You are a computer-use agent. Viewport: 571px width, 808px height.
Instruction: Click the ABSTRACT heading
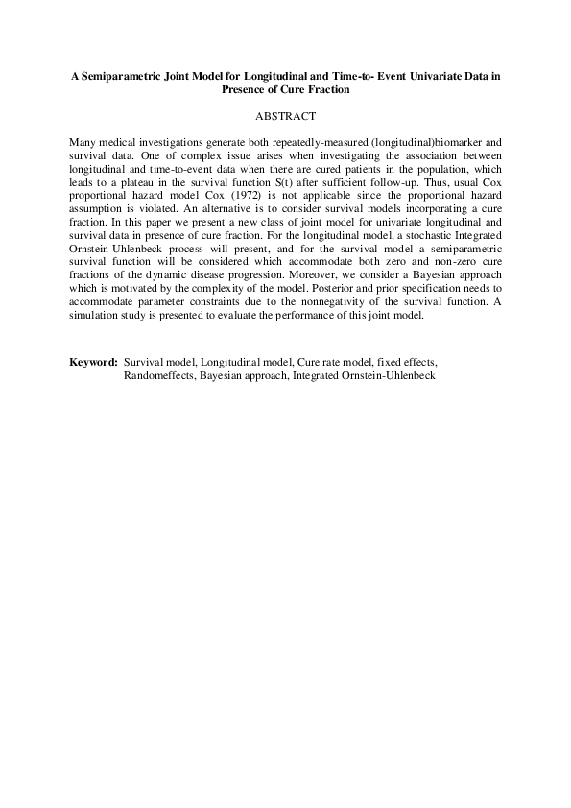click(285, 116)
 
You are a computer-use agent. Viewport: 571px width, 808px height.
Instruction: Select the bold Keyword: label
click(93, 362)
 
